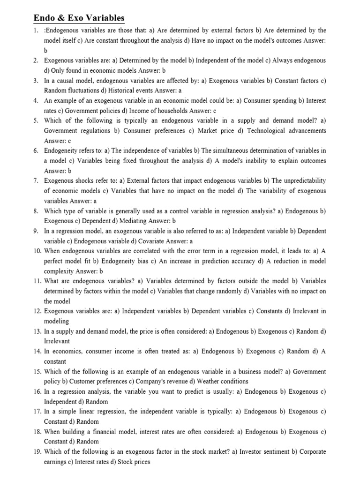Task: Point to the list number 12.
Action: pyautogui.click(x=37, y=311)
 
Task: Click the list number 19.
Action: pyautogui.click(x=37, y=452)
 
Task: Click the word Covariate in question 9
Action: pyautogui.click(x=149, y=241)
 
